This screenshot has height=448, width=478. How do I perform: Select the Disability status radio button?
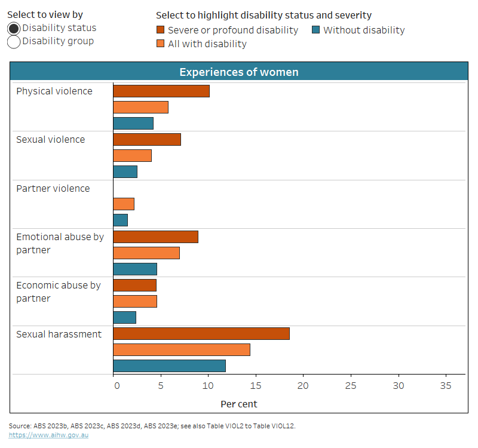click(14, 28)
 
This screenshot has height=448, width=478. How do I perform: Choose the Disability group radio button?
click(14, 42)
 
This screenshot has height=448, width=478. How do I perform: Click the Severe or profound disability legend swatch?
click(161, 30)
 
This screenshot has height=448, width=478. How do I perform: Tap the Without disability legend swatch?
click(316, 30)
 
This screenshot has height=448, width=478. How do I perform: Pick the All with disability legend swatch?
click(161, 44)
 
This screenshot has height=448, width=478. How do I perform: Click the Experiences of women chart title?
click(239, 72)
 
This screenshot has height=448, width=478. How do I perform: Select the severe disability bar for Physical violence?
click(161, 91)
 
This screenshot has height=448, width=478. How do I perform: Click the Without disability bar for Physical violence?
click(133, 124)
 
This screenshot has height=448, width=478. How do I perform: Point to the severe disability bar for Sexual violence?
click(147, 140)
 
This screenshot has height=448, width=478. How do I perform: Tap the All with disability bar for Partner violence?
click(124, 204)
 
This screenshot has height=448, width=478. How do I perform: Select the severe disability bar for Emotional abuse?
click(155, 237)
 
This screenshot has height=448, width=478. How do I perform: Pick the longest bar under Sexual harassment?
click(201, 334)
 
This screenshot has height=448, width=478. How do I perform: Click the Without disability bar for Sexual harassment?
click(170, 366)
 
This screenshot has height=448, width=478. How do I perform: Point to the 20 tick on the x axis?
click(303, 386)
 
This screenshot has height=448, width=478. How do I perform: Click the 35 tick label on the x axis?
click(446, 386)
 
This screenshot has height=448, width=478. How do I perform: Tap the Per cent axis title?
click(239, 404)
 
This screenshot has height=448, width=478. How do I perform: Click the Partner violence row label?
click(53, 189)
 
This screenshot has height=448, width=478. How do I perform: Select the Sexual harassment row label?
click(59, 335)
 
